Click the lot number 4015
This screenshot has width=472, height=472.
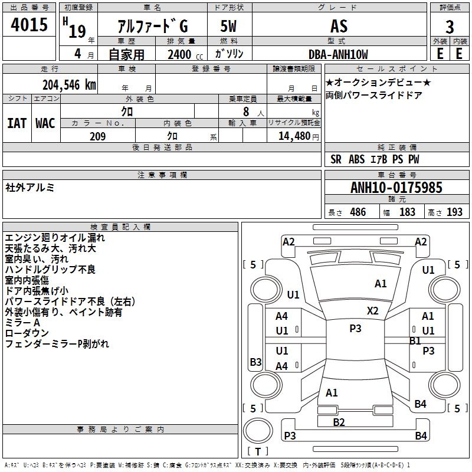coord(29,24)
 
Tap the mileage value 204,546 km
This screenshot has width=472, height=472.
coord(69,85)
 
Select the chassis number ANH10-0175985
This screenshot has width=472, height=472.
coord(396,188)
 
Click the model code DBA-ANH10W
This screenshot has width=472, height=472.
coord(338,54)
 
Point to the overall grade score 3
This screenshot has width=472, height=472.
coord(450,27)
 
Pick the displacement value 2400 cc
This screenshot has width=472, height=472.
coord(185,54)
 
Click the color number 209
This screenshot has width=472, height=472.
coord(97,136)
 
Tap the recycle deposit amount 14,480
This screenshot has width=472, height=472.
coord(294,136)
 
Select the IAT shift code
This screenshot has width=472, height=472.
coord(17,123)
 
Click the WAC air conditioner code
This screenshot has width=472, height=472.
coord(45,123)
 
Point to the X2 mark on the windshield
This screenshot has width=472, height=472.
coord(372,311)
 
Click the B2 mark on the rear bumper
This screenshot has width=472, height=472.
coord(339,422)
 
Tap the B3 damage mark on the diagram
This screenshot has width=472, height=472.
coord(255,362)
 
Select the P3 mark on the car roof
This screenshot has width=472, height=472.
coord(355,329)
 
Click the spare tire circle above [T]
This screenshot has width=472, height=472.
coord(258,431)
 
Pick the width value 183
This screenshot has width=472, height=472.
coord(407,212)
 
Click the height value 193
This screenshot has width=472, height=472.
coord(454,212)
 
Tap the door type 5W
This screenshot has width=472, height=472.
coord(228,26)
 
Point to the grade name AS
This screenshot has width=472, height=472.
coord(339,26)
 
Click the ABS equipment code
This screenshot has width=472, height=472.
coord(357,159)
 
